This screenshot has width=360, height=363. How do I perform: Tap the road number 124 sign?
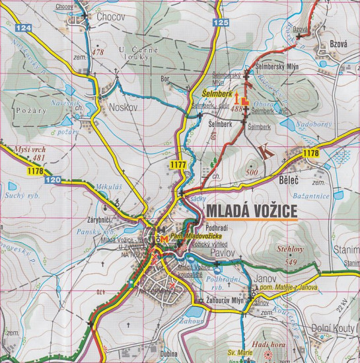[24, 28]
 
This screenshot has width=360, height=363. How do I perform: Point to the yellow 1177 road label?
[178, 165]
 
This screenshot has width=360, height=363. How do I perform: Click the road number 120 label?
[54, 180]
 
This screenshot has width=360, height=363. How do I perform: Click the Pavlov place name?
[223, 253]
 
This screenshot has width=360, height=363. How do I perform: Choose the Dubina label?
[168, 354]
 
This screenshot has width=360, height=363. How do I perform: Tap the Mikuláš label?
[109, 188]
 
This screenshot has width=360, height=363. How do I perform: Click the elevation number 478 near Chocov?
[99, 52]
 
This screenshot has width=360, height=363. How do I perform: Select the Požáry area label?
[29, 110]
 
